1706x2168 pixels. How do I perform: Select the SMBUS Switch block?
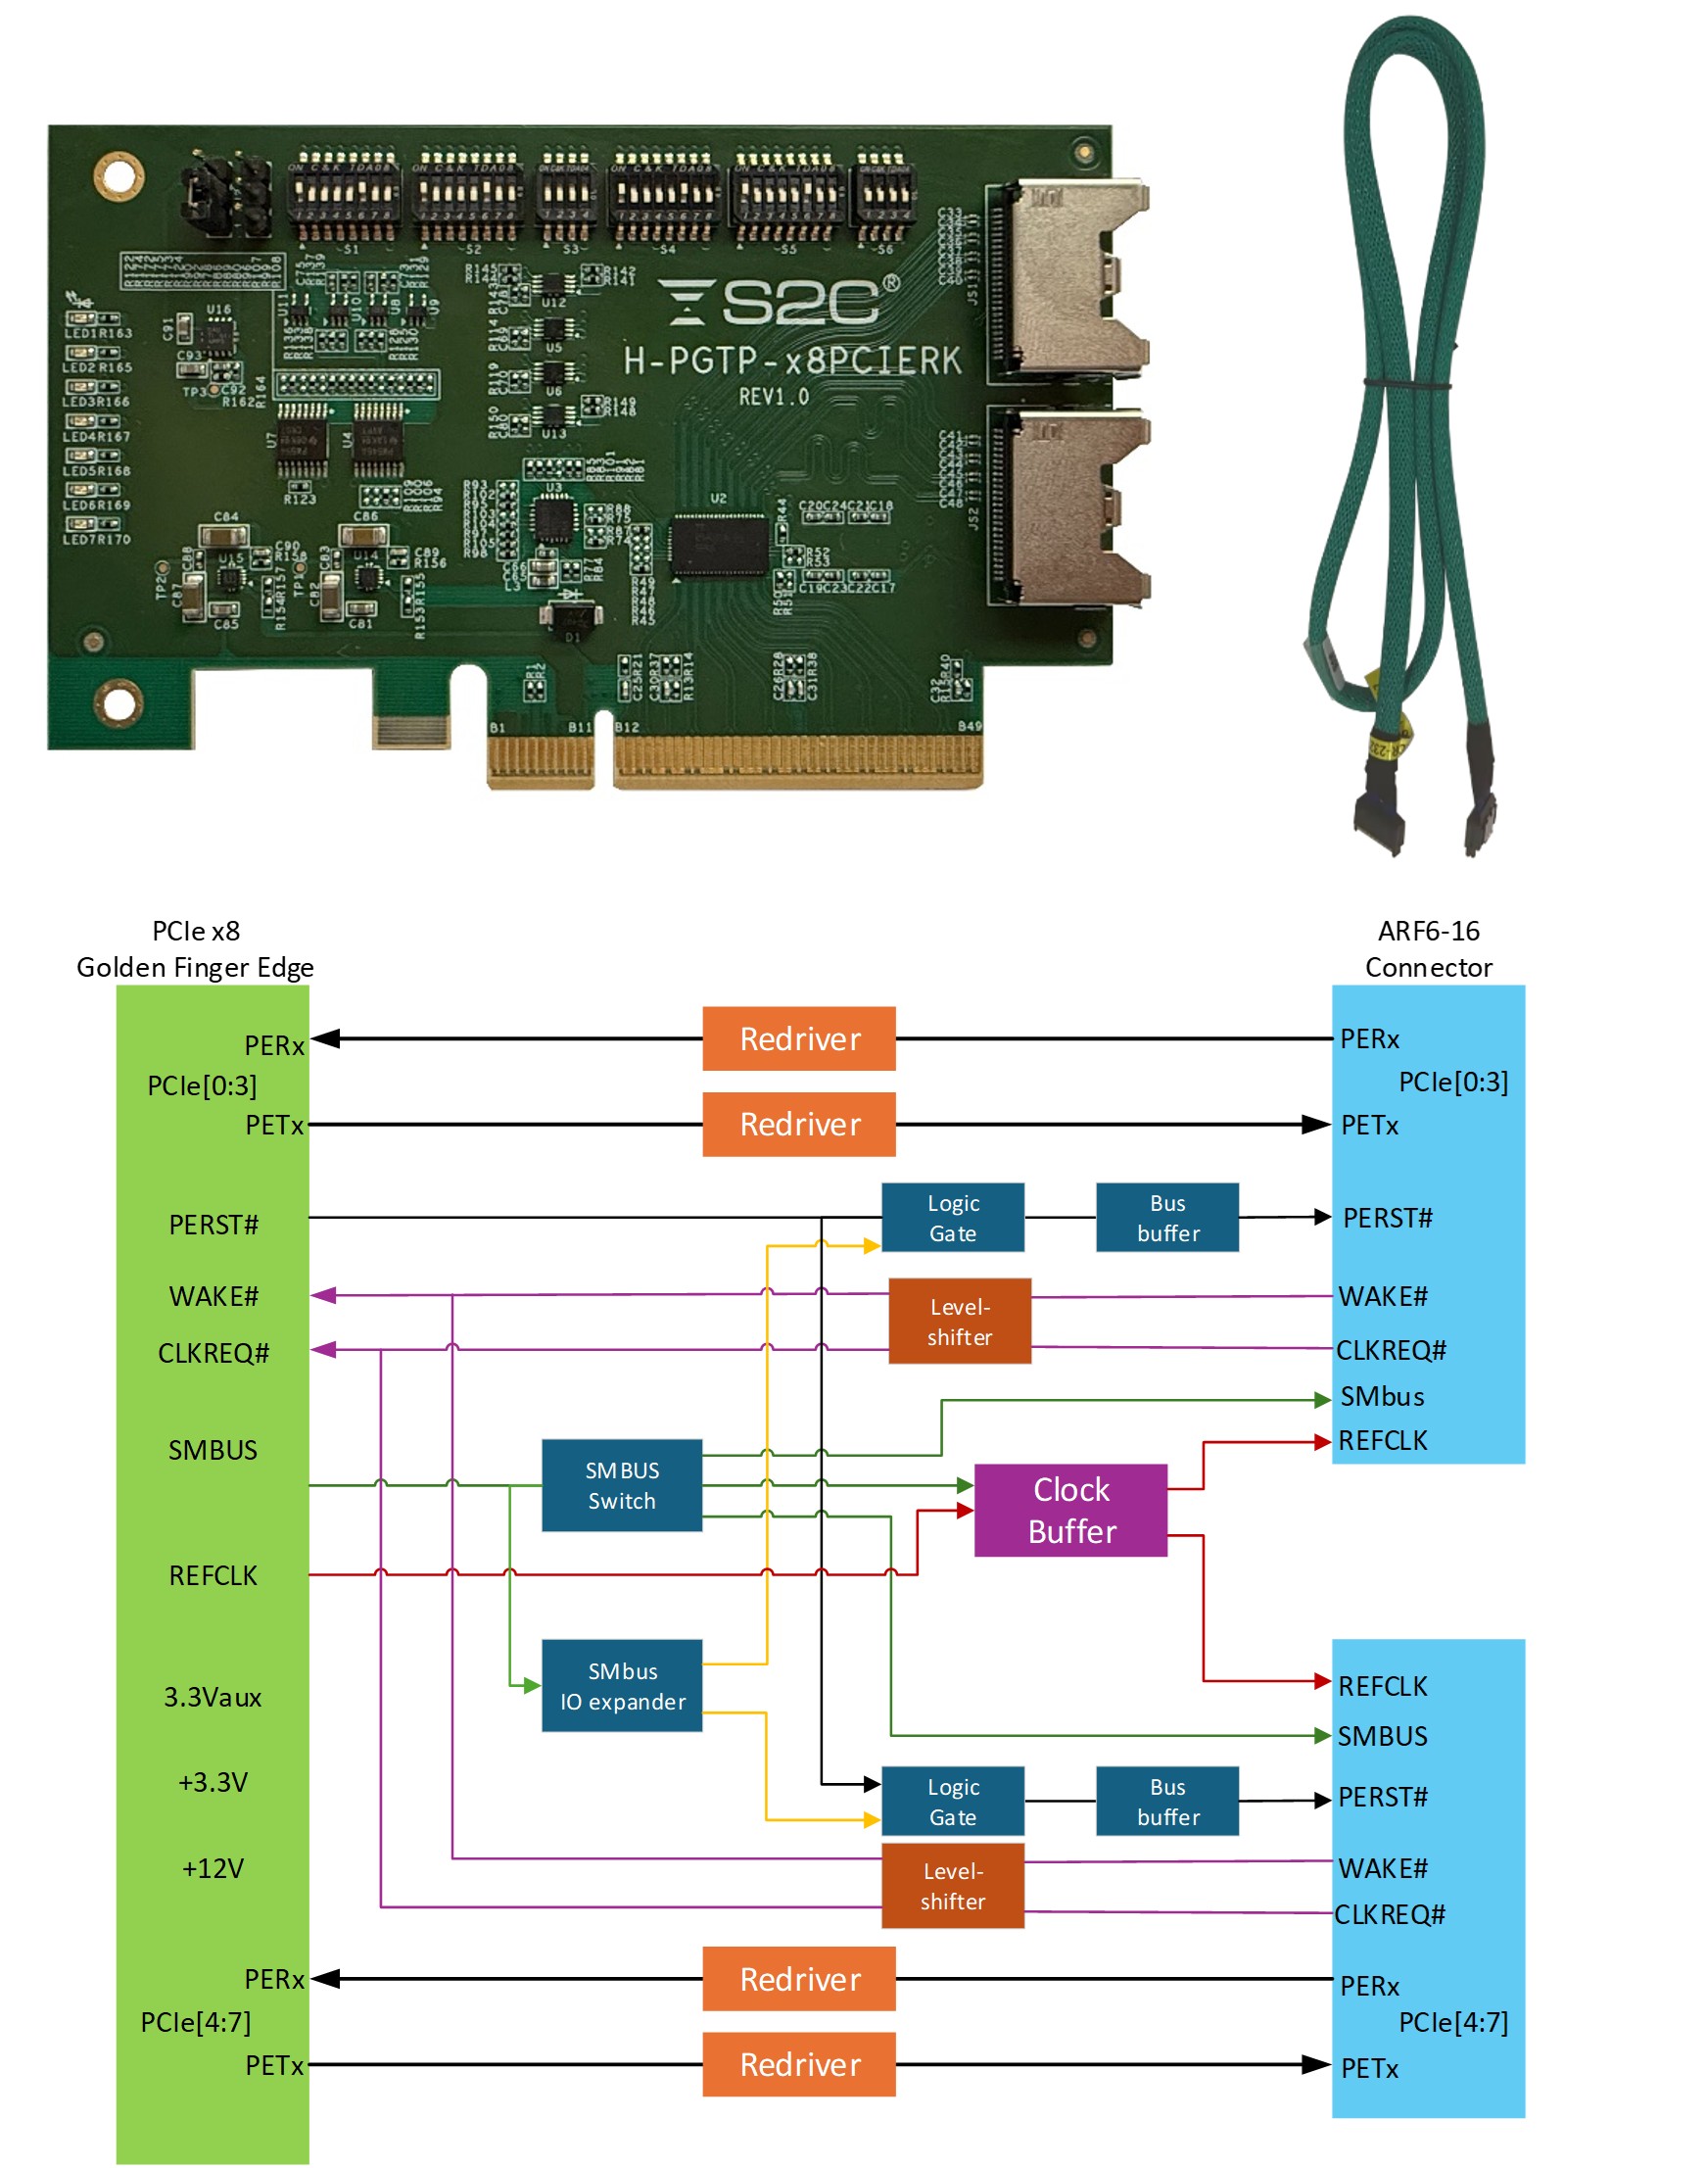click(621, 1484)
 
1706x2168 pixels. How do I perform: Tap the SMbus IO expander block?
click(621, 1685)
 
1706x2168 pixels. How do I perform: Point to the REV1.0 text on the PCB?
click(773, 396)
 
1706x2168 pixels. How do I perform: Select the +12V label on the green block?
click(212, 1867)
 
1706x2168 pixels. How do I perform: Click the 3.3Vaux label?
click(212, 1697)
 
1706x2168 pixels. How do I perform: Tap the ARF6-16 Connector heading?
click(1427, 948)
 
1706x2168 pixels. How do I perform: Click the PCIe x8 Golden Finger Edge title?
click(195, 948)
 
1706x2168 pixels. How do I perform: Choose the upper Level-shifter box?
click(959, 1321)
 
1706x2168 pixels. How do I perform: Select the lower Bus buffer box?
click(1166, 1801)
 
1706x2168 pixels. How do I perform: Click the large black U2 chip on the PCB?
click(719, 545)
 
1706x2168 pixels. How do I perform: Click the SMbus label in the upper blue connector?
click(1382, 1396)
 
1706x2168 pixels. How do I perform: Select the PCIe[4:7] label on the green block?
click(196, 2021)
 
